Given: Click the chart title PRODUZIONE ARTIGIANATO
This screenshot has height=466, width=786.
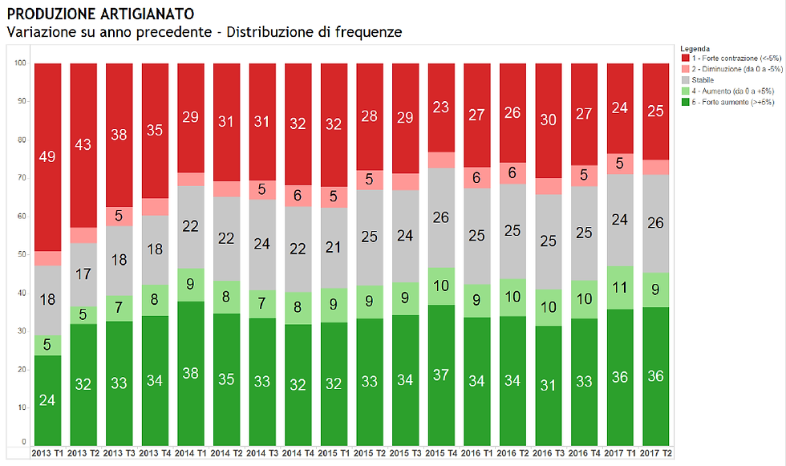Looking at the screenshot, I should pyautogui.click(x=100, y=14).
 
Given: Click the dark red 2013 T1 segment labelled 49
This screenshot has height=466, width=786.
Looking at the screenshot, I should pyautogui.click(x=47, y=157).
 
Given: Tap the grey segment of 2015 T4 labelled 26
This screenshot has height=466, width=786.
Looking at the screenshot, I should pyautogui.click(x=440, y=217).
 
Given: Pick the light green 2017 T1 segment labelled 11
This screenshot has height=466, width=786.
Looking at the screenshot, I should pyautogui.click(x=619, y=287).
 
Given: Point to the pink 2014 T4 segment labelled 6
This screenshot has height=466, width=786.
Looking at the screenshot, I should pyautogui.click(x=297, y=196).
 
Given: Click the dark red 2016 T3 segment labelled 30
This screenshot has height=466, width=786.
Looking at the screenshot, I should pyautogui.click(x=548, y=120).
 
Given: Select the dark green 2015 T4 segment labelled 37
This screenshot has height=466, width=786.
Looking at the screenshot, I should pyautogui.click(x=440, y=375).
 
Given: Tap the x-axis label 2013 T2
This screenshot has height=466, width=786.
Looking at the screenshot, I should pyautogui.click(x=83, y=454).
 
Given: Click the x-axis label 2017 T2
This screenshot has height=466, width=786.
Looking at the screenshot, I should pyautogui.click(x=654, y=454).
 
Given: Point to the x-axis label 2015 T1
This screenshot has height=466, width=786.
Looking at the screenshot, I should pyautogui.click(x=333, y=454).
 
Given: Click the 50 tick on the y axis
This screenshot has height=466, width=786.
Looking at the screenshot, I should pyautogui.click(x=22, y=254).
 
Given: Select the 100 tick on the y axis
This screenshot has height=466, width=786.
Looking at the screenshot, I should pyautogui.click(x=20, y=63).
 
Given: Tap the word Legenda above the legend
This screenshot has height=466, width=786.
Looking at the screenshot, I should pyautogui.click(x=695, y=48).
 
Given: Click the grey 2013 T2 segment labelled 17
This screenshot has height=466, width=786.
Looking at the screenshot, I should pyautogui.click(x=83, y=274).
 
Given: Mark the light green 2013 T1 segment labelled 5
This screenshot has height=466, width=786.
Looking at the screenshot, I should pyautogui.click(x=47, y=346).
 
